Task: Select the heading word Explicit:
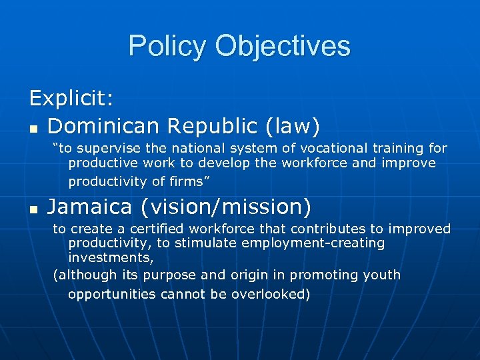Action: pos(71,99)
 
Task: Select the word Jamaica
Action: pos(90,207)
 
